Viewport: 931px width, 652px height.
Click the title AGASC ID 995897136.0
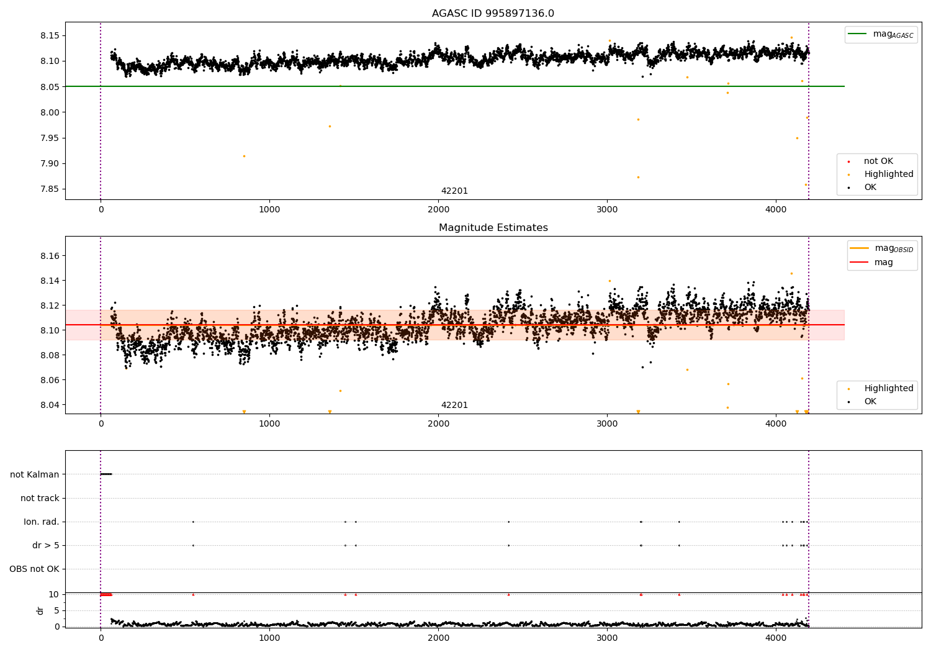tap(493, 14)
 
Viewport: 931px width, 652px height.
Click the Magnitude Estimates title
tap(493, 228)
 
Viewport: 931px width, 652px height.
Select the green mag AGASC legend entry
tap(881, 34)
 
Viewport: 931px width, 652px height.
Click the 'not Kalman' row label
tap(35, 474)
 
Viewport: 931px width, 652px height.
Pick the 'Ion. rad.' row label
tap(42, 522)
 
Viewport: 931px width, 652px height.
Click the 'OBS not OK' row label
tap(34, 569)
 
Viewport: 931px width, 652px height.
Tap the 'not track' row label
tap(40, 498)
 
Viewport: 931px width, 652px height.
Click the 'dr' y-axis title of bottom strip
tap(40, 610)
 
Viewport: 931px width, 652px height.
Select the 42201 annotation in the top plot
tap(454, 191)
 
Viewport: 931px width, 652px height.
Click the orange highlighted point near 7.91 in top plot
tap(244, 156)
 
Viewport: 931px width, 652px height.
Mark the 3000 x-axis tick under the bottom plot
tap(607, 638)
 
